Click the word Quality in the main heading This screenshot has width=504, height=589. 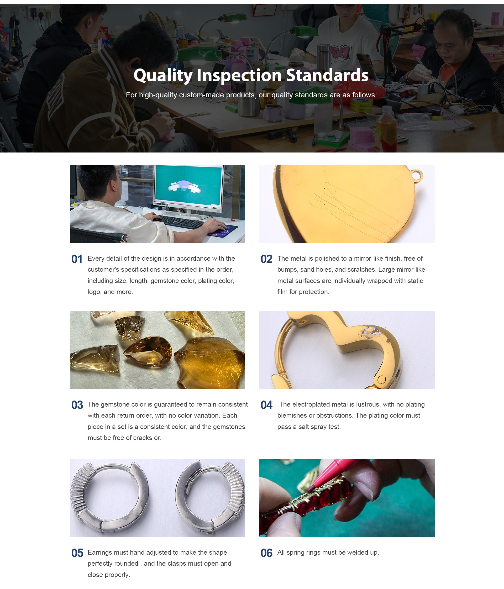point(163,76)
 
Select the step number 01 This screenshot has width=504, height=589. point(77,259)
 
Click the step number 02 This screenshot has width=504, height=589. point(266,259)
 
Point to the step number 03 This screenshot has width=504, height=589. point(77,405)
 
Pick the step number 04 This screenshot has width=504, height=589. point(266,405)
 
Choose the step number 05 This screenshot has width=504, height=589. point(77,553)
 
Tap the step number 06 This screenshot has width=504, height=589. point(266,553)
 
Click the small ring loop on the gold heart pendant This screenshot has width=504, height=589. point(417,175)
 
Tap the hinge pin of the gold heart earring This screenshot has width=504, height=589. point(382,379)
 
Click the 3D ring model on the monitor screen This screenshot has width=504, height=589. point(185,186)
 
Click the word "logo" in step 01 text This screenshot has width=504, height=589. point(94,292)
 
